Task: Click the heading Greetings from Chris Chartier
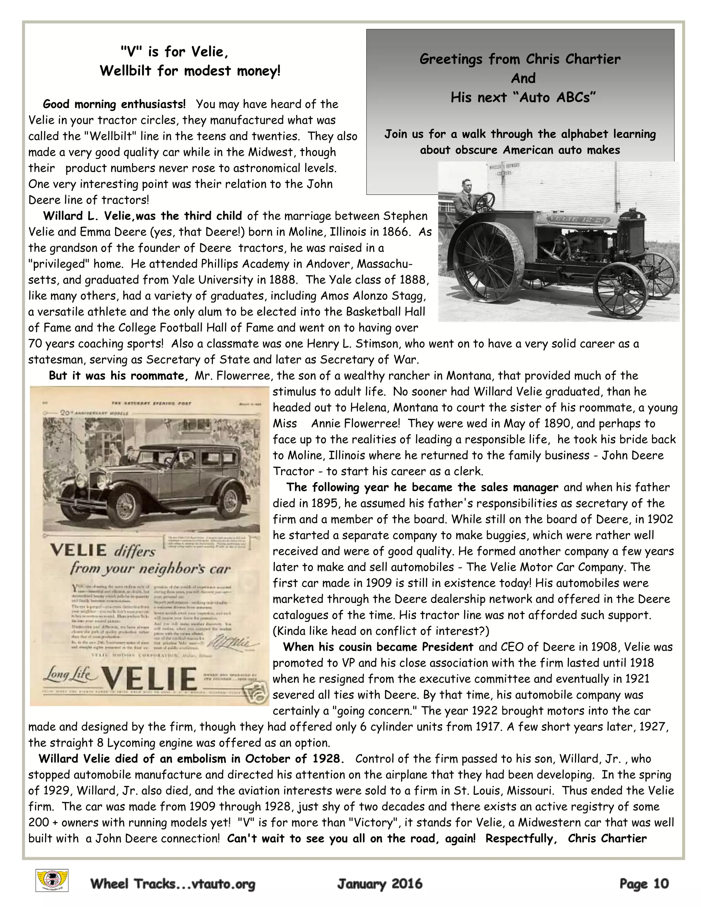(x=520, y=59)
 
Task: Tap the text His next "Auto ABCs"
(x=523, y=98)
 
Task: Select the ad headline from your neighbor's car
(x=150, y=568)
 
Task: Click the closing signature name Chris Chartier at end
(x=607, y=839)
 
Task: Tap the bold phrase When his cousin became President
(x=378, y=647)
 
